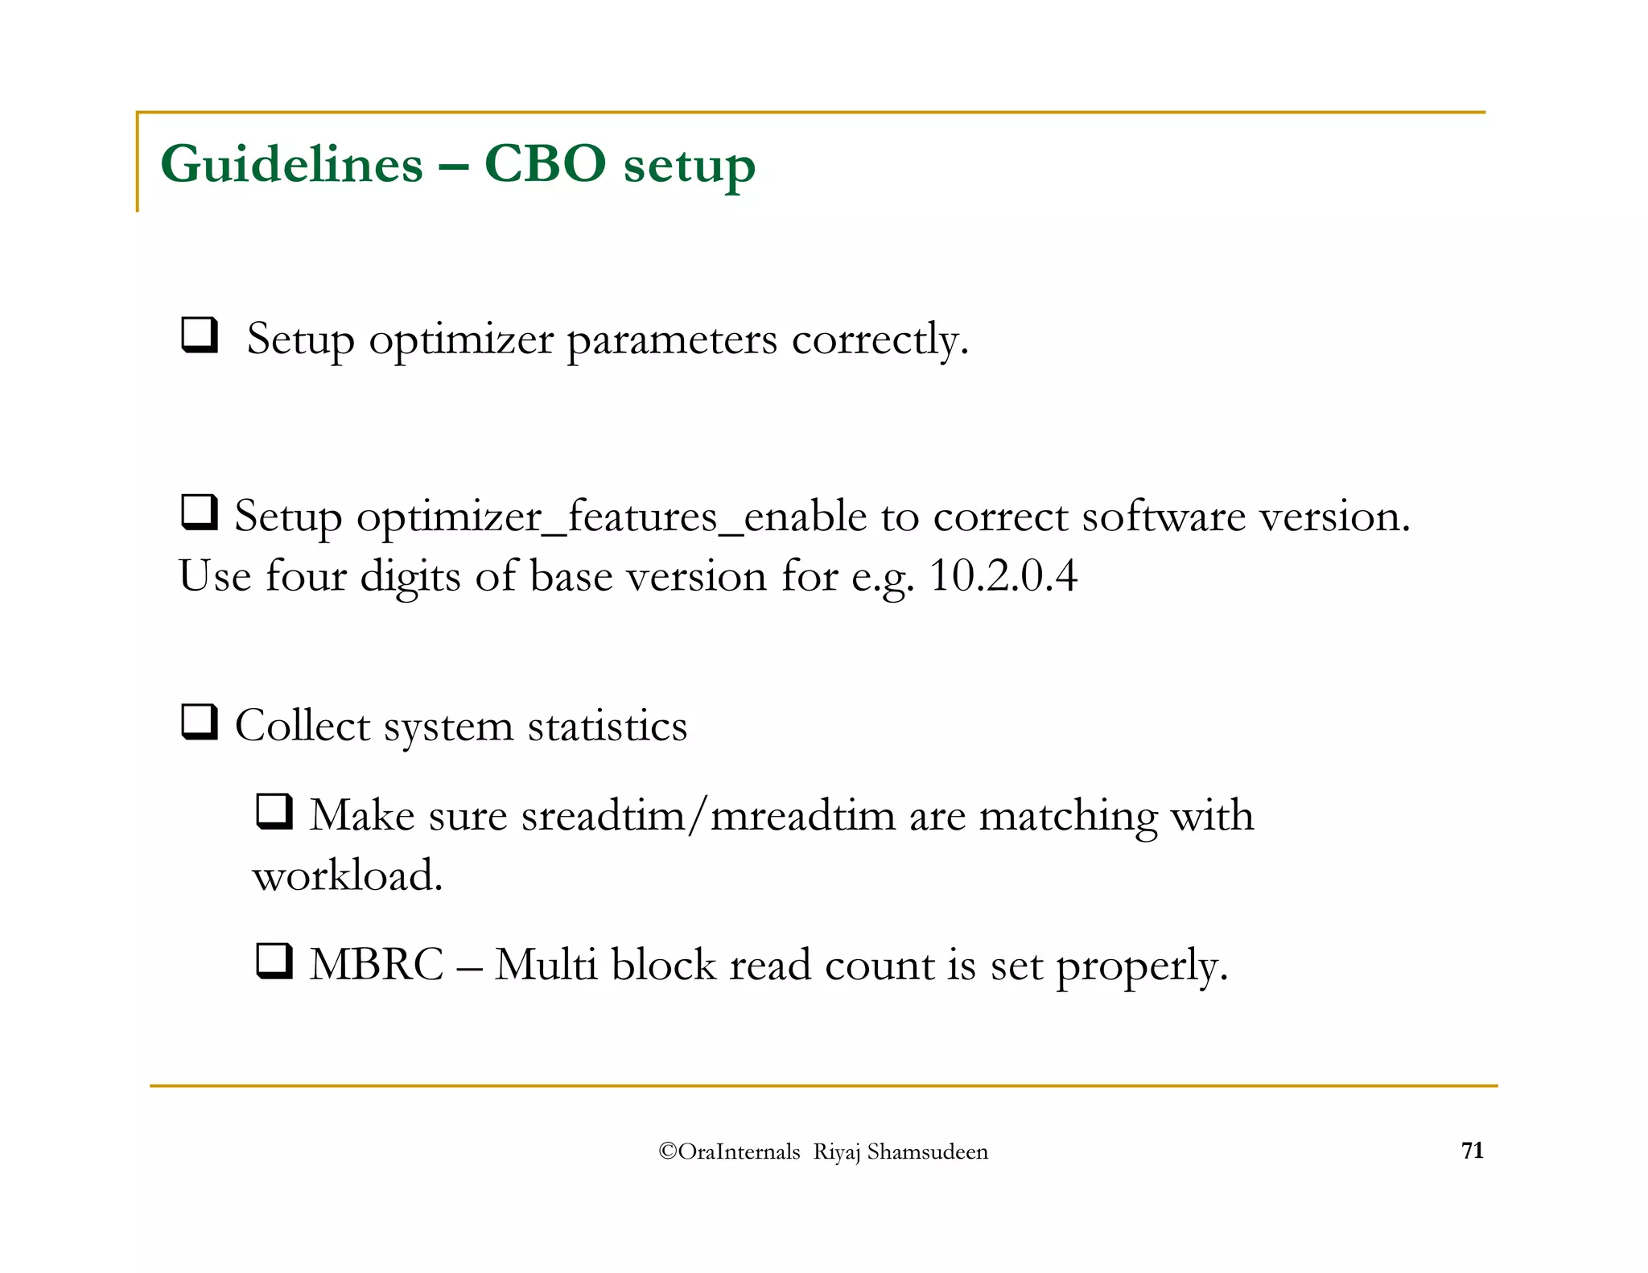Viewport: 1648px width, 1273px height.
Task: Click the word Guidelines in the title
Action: tap(291, 165)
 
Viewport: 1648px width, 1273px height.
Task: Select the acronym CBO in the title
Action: tap(545, 165)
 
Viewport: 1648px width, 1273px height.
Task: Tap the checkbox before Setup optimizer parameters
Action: tap(200, 335)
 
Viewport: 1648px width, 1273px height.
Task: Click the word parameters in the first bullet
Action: tap(672, 340)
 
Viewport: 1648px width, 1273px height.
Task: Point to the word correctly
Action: tap(880, 340)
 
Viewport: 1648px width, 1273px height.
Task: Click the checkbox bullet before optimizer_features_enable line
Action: tap(200, 513)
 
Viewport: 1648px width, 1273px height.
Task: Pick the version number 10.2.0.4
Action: tap(1003, 576)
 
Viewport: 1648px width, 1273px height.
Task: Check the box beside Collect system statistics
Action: tap(200, 722)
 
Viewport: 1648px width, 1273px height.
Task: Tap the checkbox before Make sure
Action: tap(274, 811)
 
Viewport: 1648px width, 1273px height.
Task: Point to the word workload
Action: tap(348, 875)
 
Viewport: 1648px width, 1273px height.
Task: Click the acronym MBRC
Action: tap(377, 965)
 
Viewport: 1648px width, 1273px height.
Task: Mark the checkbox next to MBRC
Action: tap(274, 961)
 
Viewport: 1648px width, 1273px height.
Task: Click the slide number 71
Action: tap(1472, 1151)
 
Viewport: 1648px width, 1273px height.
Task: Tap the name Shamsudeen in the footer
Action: tap(927, 1152)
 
